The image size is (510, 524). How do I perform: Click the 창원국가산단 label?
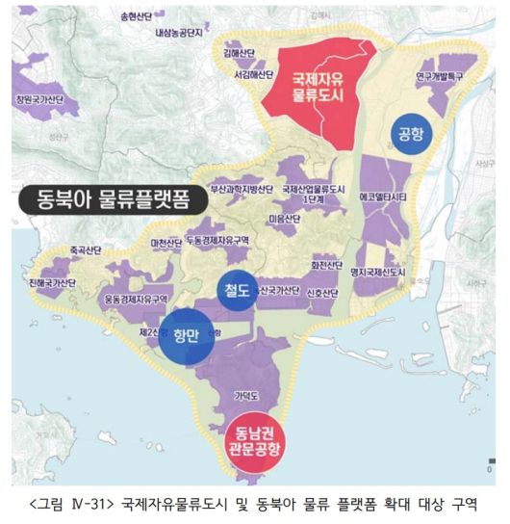coord(38,99)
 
